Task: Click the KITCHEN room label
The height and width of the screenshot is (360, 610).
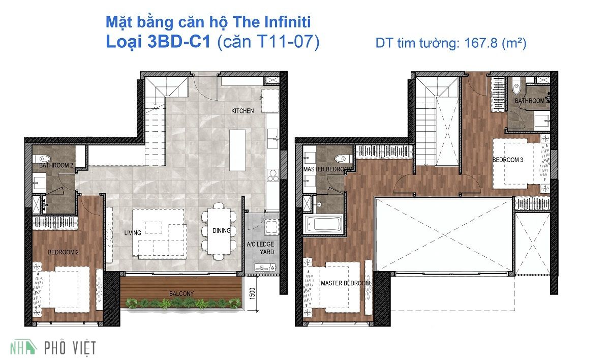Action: point(242,111)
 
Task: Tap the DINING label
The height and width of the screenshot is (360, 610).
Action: point(222,230)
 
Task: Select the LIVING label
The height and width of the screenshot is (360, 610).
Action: point(133,233)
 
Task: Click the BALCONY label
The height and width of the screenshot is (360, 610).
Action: point(182,293)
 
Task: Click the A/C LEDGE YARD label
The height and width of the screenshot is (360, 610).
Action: point(260,248)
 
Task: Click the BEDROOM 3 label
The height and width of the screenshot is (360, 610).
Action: point(507,160)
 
